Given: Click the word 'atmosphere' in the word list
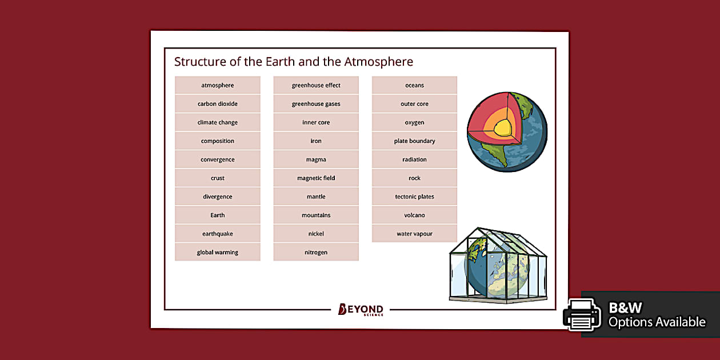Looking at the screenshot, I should (x=217, y=85).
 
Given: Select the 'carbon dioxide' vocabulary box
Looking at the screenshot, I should (x=217, y=104).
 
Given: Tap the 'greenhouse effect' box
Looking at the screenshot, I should (x=316, y=85).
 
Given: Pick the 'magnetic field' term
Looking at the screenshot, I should (x=316, y=178).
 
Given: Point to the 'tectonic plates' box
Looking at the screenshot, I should (x=414, y=197).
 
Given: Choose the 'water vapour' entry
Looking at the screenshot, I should (x=414, y=234).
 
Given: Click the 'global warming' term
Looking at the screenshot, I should (x=217, y=253).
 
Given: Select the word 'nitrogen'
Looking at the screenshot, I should (x=316, y=253).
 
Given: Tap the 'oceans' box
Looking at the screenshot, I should (x=414, y=85).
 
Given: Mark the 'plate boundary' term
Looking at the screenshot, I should (x=414, y=141).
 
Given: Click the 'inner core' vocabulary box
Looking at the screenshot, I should (x=316, y=122).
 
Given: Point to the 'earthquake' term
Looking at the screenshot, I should (x=217, y=234).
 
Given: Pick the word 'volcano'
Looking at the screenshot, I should (x=414, y=215).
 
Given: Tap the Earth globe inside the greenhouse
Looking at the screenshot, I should (x=497, y=269).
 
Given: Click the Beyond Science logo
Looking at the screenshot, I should (x=361, y=310).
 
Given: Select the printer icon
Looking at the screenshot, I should (x=582, y=314).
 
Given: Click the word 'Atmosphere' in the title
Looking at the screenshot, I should (x=378, y=62).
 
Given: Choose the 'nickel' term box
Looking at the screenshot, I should (x=316, y=234).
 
